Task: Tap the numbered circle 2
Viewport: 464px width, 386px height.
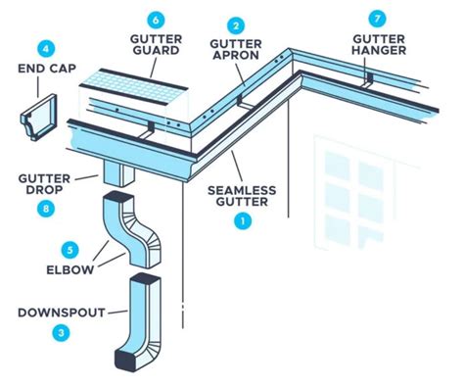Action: point(236,24)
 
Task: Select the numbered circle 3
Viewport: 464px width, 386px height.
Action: point(62,333)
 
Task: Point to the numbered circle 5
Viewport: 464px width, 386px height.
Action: point(69,249)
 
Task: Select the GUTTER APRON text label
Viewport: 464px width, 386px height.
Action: point(236,53)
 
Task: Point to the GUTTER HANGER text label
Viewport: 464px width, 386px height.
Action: point(379,45)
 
